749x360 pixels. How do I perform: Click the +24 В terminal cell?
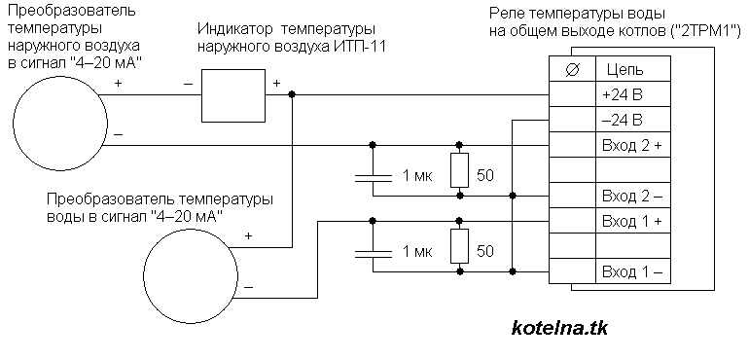point(623,95)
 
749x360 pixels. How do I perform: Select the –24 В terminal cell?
point(623,121)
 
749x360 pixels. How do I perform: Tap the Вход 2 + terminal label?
point(630,146)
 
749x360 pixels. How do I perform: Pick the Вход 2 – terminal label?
point(630,197)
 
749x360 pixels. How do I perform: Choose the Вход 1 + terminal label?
point(630,222)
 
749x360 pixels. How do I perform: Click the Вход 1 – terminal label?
point(630,270)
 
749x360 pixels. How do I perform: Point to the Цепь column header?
point(623,69)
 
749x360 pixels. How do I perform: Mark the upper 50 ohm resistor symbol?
point(459,171)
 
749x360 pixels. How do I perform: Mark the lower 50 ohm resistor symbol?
point(459,246)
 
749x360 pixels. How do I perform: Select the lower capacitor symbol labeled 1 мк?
point(372,250)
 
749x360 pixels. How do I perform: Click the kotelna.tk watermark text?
point(558,328)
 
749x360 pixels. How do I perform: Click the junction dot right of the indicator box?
point(293,95)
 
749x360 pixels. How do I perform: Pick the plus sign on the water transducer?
point(249,236)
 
